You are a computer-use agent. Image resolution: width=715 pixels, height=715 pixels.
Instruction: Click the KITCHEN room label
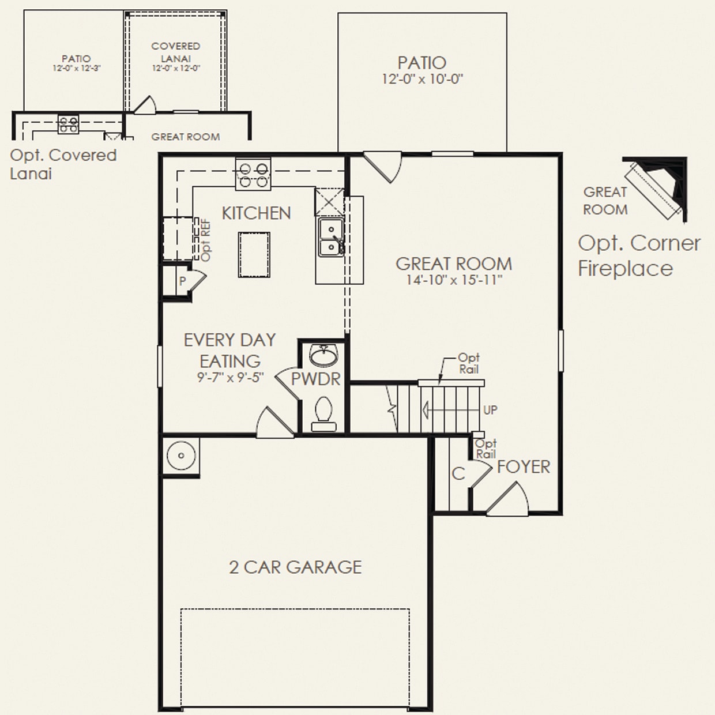[256, 213]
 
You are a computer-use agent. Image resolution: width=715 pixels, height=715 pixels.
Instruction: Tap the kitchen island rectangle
[254, 254]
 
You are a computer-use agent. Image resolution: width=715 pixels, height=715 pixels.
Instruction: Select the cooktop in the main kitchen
[253, 175]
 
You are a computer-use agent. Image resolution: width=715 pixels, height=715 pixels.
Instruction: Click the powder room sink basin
[324, 355]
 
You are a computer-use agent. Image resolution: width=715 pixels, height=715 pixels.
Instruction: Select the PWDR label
[315, 379]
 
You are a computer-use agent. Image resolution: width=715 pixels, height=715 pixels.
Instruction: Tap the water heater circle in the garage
[181, 456]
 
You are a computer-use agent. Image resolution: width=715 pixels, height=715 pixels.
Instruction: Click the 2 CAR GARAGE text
[295, 567]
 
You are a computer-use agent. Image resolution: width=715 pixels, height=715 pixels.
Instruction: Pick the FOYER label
[524, 467]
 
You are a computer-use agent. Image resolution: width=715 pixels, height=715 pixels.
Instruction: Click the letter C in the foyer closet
[458, 474]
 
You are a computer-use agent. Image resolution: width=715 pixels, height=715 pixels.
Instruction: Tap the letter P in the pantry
[182, 281]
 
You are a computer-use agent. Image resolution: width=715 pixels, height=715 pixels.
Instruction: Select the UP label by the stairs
[490, 410]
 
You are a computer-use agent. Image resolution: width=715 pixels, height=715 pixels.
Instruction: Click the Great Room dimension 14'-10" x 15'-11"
[454, 280]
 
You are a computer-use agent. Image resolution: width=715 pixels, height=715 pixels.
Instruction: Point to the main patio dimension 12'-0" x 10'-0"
[422, 79]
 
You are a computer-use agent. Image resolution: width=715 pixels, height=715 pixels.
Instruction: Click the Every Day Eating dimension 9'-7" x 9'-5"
[230, 378]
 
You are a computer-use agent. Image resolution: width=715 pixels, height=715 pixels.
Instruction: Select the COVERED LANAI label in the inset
[176, 52]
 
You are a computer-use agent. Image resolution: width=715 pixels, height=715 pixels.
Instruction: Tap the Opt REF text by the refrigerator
[206, 239]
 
